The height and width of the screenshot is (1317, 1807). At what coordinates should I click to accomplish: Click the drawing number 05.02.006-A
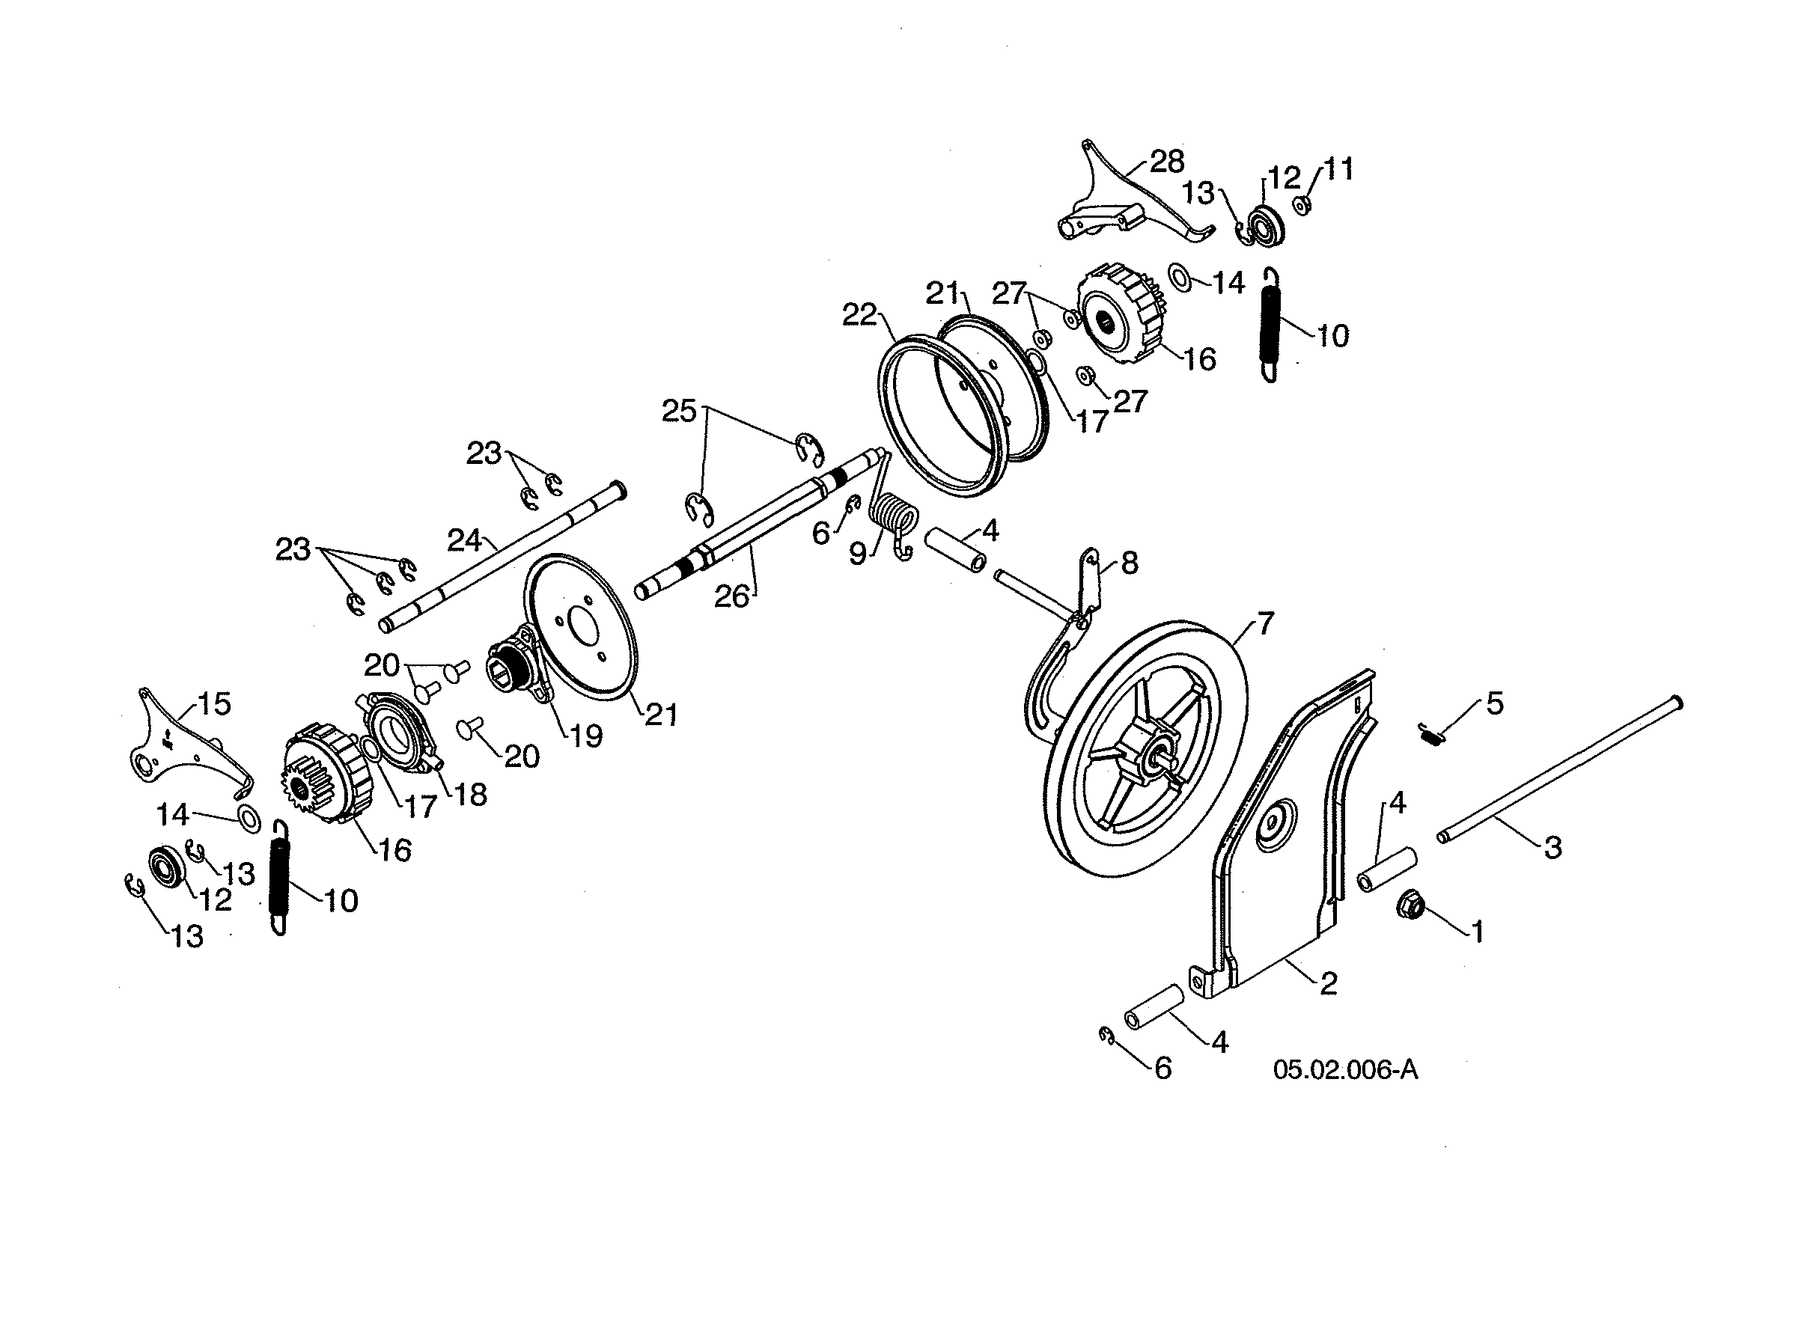click(x=1345, y=1070)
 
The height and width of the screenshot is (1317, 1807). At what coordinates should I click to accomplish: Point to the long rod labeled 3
click(x=1555, y=771)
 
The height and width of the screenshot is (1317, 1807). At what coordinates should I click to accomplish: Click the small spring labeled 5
click(x=1432, y=734)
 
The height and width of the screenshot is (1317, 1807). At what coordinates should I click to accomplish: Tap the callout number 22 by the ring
click(x=859, y=315)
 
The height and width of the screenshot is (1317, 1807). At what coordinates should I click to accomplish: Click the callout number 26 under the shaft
click(x=731, y=596)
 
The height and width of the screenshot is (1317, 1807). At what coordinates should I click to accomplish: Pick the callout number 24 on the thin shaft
click(x=464, y=540)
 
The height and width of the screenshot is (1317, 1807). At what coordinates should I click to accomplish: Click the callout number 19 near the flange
click(x=586, y=736)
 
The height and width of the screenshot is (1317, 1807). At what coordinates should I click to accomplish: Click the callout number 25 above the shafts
click(x=679, y=412)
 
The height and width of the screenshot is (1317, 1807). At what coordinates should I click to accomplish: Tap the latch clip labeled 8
click(x=1089, y=578)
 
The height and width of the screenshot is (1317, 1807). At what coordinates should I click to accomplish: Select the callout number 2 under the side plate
click(x=1328, y=985)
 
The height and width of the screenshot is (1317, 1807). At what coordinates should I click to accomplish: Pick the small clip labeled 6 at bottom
click(x=1107, y=1035)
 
